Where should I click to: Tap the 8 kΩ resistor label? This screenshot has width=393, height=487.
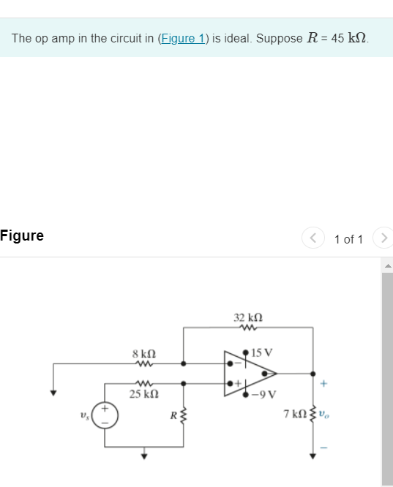tap(143, 353)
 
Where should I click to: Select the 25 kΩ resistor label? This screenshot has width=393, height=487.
tap(142, 395)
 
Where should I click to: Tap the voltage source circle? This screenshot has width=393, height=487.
tap(102, 416)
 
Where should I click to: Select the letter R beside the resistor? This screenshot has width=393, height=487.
tap(173, 416)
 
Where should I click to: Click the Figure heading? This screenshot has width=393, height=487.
tap(22, 235)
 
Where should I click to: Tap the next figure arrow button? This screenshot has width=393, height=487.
tap(383, 238)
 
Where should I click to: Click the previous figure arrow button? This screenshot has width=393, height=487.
tap(313, 238)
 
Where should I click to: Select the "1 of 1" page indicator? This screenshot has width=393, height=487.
tap(348, 239)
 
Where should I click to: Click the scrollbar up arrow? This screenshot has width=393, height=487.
tap(387, 264)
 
